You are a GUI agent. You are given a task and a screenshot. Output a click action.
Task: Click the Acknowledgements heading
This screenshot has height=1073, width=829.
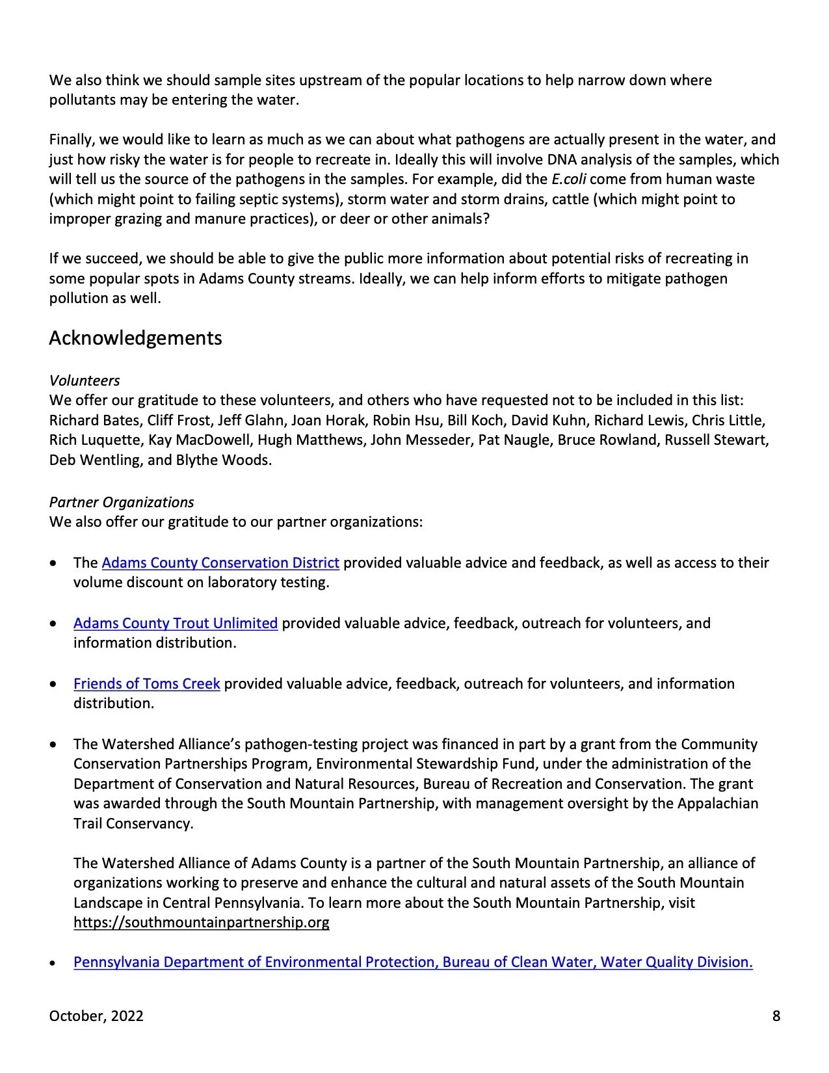pyautogui.click(x=135, y=338)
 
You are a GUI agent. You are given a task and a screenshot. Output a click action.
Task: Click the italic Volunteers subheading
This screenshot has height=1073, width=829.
pyautogui.click(x=85, y=380)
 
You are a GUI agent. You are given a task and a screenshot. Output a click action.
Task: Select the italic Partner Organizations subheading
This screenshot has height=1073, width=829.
pyautogui.click(x=122, y=502)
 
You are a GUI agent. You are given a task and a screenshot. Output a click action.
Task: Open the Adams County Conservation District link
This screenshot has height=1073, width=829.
pyautogui.click(x=220, y=563)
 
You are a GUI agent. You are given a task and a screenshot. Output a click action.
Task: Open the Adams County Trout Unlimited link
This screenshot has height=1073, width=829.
pyautogui.click(x=176, y=623)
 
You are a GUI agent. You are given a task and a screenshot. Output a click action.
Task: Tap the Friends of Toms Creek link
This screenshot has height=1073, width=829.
pyautogui.click(x=146, y=683)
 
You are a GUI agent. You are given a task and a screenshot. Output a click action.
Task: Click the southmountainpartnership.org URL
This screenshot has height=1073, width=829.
pyautogui.click(x=201, y=922)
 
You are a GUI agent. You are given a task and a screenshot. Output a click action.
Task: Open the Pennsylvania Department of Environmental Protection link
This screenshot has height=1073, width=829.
pyautogui.click(x=413, y=962)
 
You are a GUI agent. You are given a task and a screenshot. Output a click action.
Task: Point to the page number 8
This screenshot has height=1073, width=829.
pyautogui.click(x=776, y=1016)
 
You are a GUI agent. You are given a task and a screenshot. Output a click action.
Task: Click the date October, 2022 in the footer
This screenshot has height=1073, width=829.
pyautogui.click(x=96, y=1016)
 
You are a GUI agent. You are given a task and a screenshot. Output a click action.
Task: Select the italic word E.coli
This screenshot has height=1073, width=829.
pyautogui.click(x=569, y=179)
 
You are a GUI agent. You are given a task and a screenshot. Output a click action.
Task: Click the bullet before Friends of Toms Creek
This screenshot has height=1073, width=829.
pyautogui.click(x=53, y=684)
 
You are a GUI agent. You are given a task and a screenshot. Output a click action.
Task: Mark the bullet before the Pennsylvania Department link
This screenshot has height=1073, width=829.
pyautogui.click(x=53, y=962)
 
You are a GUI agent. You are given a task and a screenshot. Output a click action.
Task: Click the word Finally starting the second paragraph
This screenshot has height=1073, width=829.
pyautogui.click(x=71, y=139)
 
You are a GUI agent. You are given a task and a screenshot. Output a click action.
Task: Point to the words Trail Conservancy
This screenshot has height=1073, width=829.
pyautogui.click(x=133, y=823)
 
